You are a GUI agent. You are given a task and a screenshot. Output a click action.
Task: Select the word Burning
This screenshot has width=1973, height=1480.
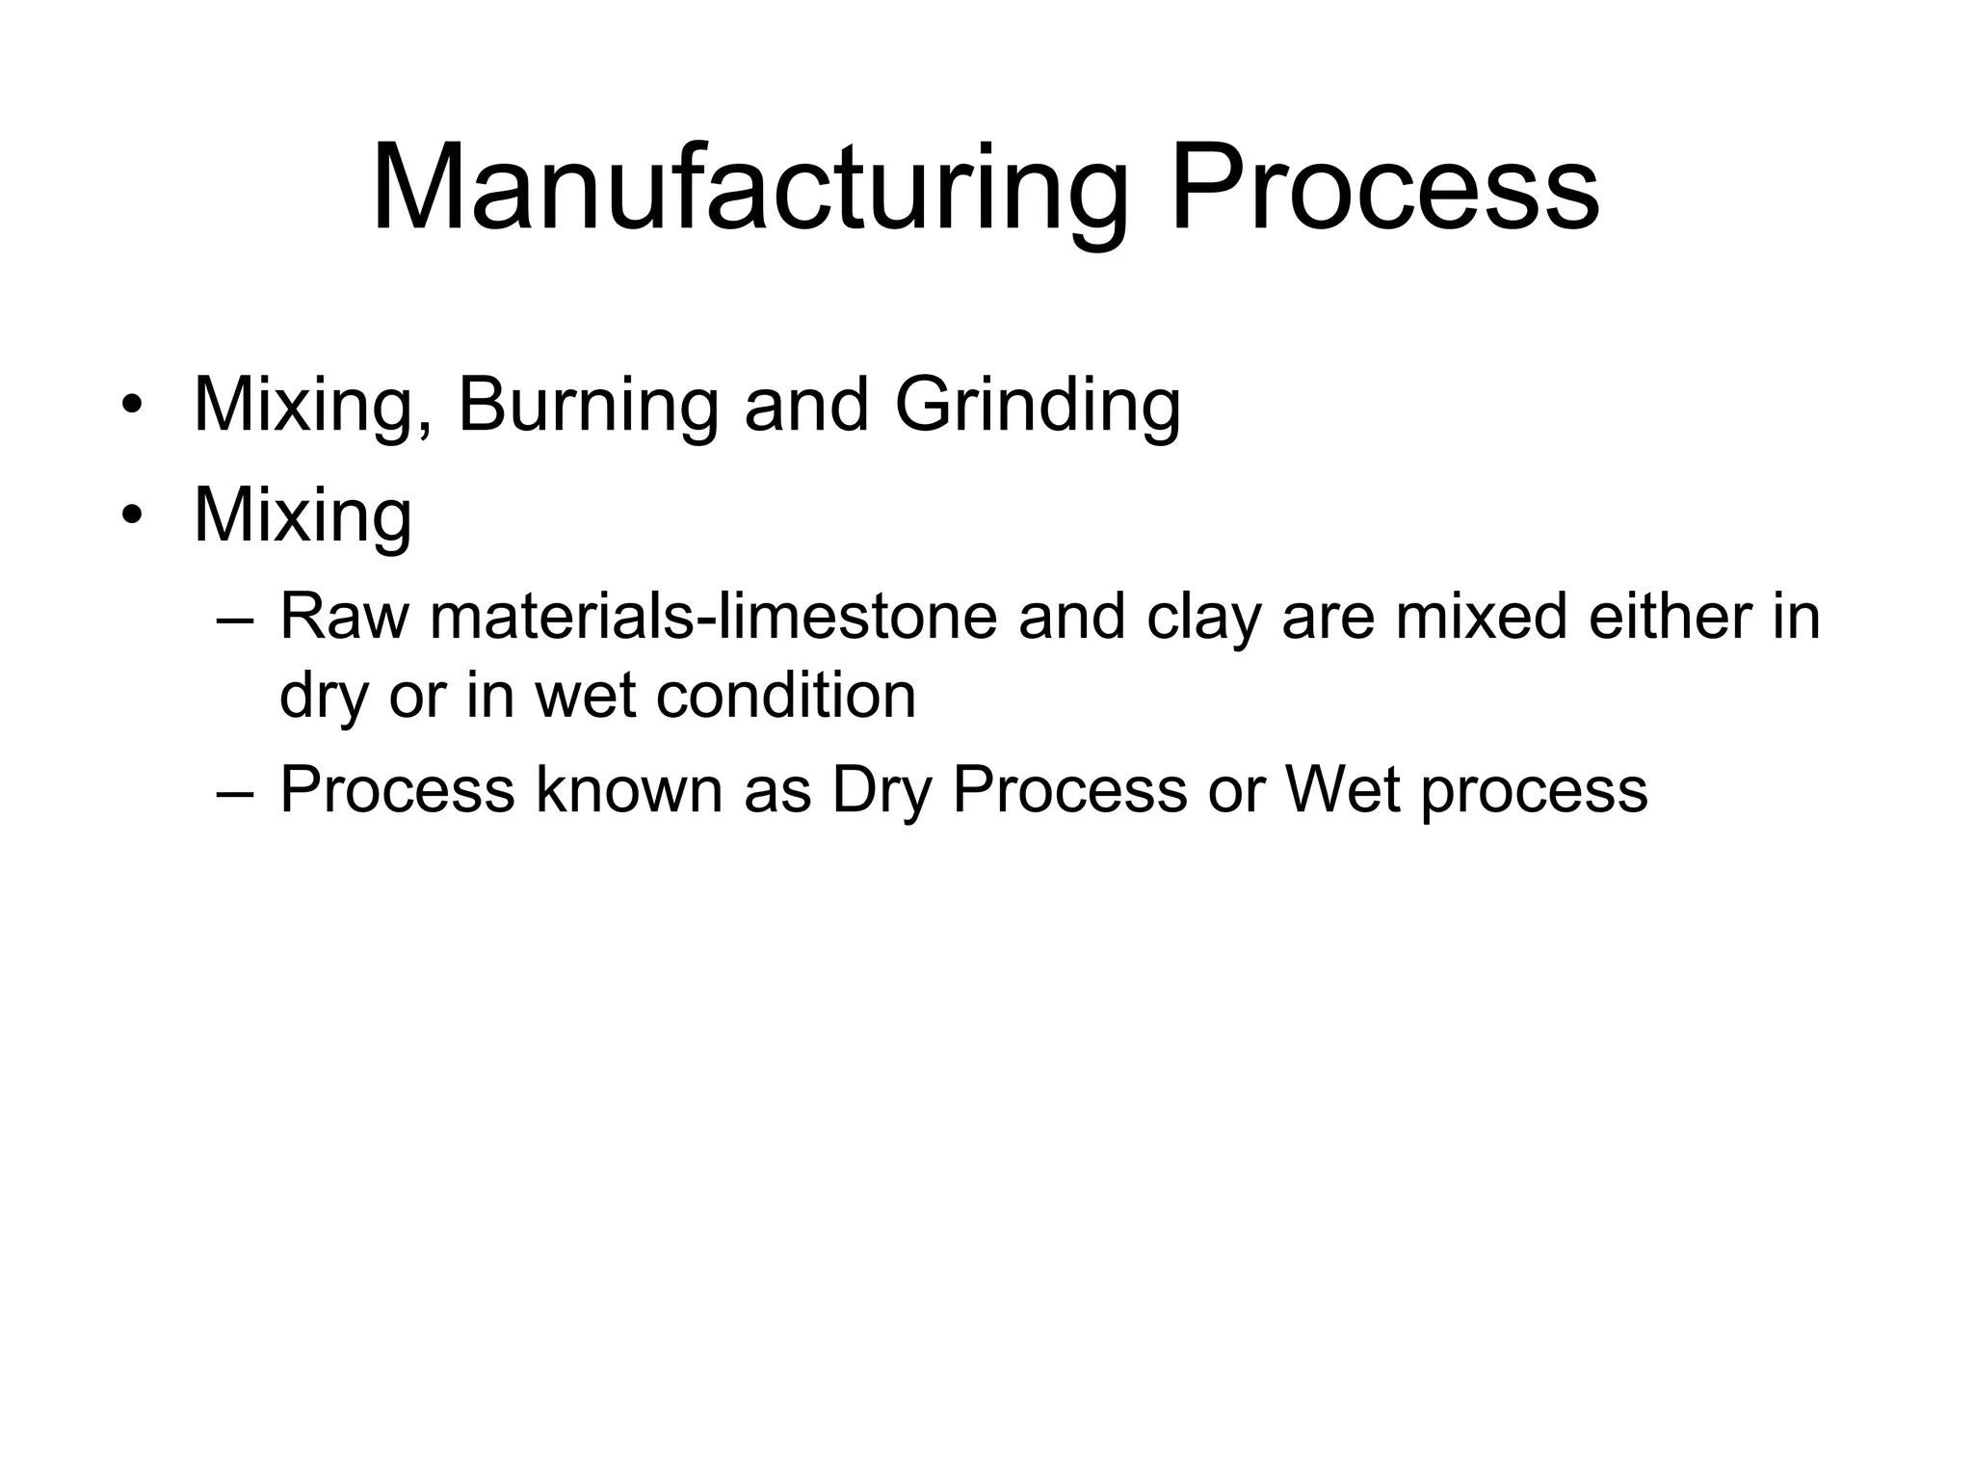point(588,405)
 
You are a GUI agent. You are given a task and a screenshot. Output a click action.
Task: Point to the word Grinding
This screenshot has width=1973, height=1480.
point(1038,405)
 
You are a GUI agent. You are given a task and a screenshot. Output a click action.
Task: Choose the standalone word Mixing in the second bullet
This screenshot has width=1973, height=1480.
point(303,516)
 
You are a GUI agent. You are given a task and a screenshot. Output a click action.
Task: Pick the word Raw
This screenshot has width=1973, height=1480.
point(344,617)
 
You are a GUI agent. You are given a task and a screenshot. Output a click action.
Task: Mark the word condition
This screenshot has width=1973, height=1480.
point(785,695)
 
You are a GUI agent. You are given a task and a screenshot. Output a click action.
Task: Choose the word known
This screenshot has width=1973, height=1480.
point(629,790)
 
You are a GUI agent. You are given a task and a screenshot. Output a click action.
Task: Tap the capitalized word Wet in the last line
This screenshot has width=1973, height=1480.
point(1342,790)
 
